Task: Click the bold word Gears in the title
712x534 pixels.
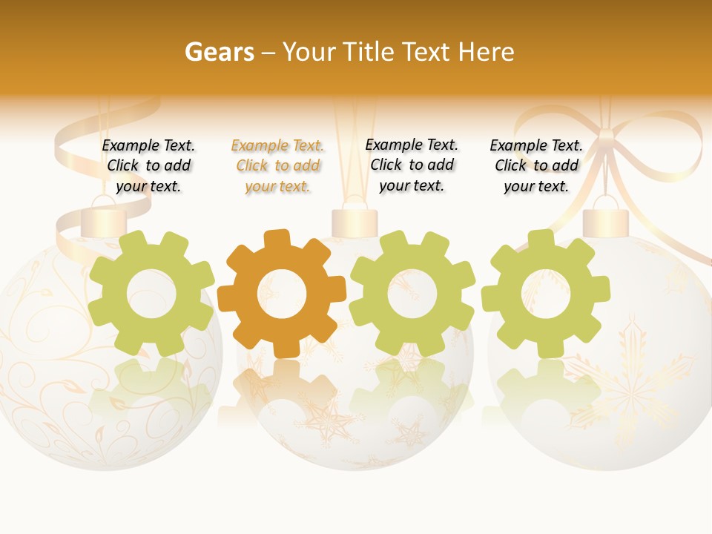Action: [x=219, y=52]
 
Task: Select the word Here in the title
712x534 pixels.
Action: [x=486, y=52]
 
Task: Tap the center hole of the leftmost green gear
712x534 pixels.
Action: [x=151, y=294]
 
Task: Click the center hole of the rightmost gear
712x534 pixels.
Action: [x=545, y=294]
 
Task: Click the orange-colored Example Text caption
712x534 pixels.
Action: [x=277, y=166]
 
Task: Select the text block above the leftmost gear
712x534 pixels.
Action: [x=148, y=166]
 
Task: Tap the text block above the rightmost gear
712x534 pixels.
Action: [x=536, y=166]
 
